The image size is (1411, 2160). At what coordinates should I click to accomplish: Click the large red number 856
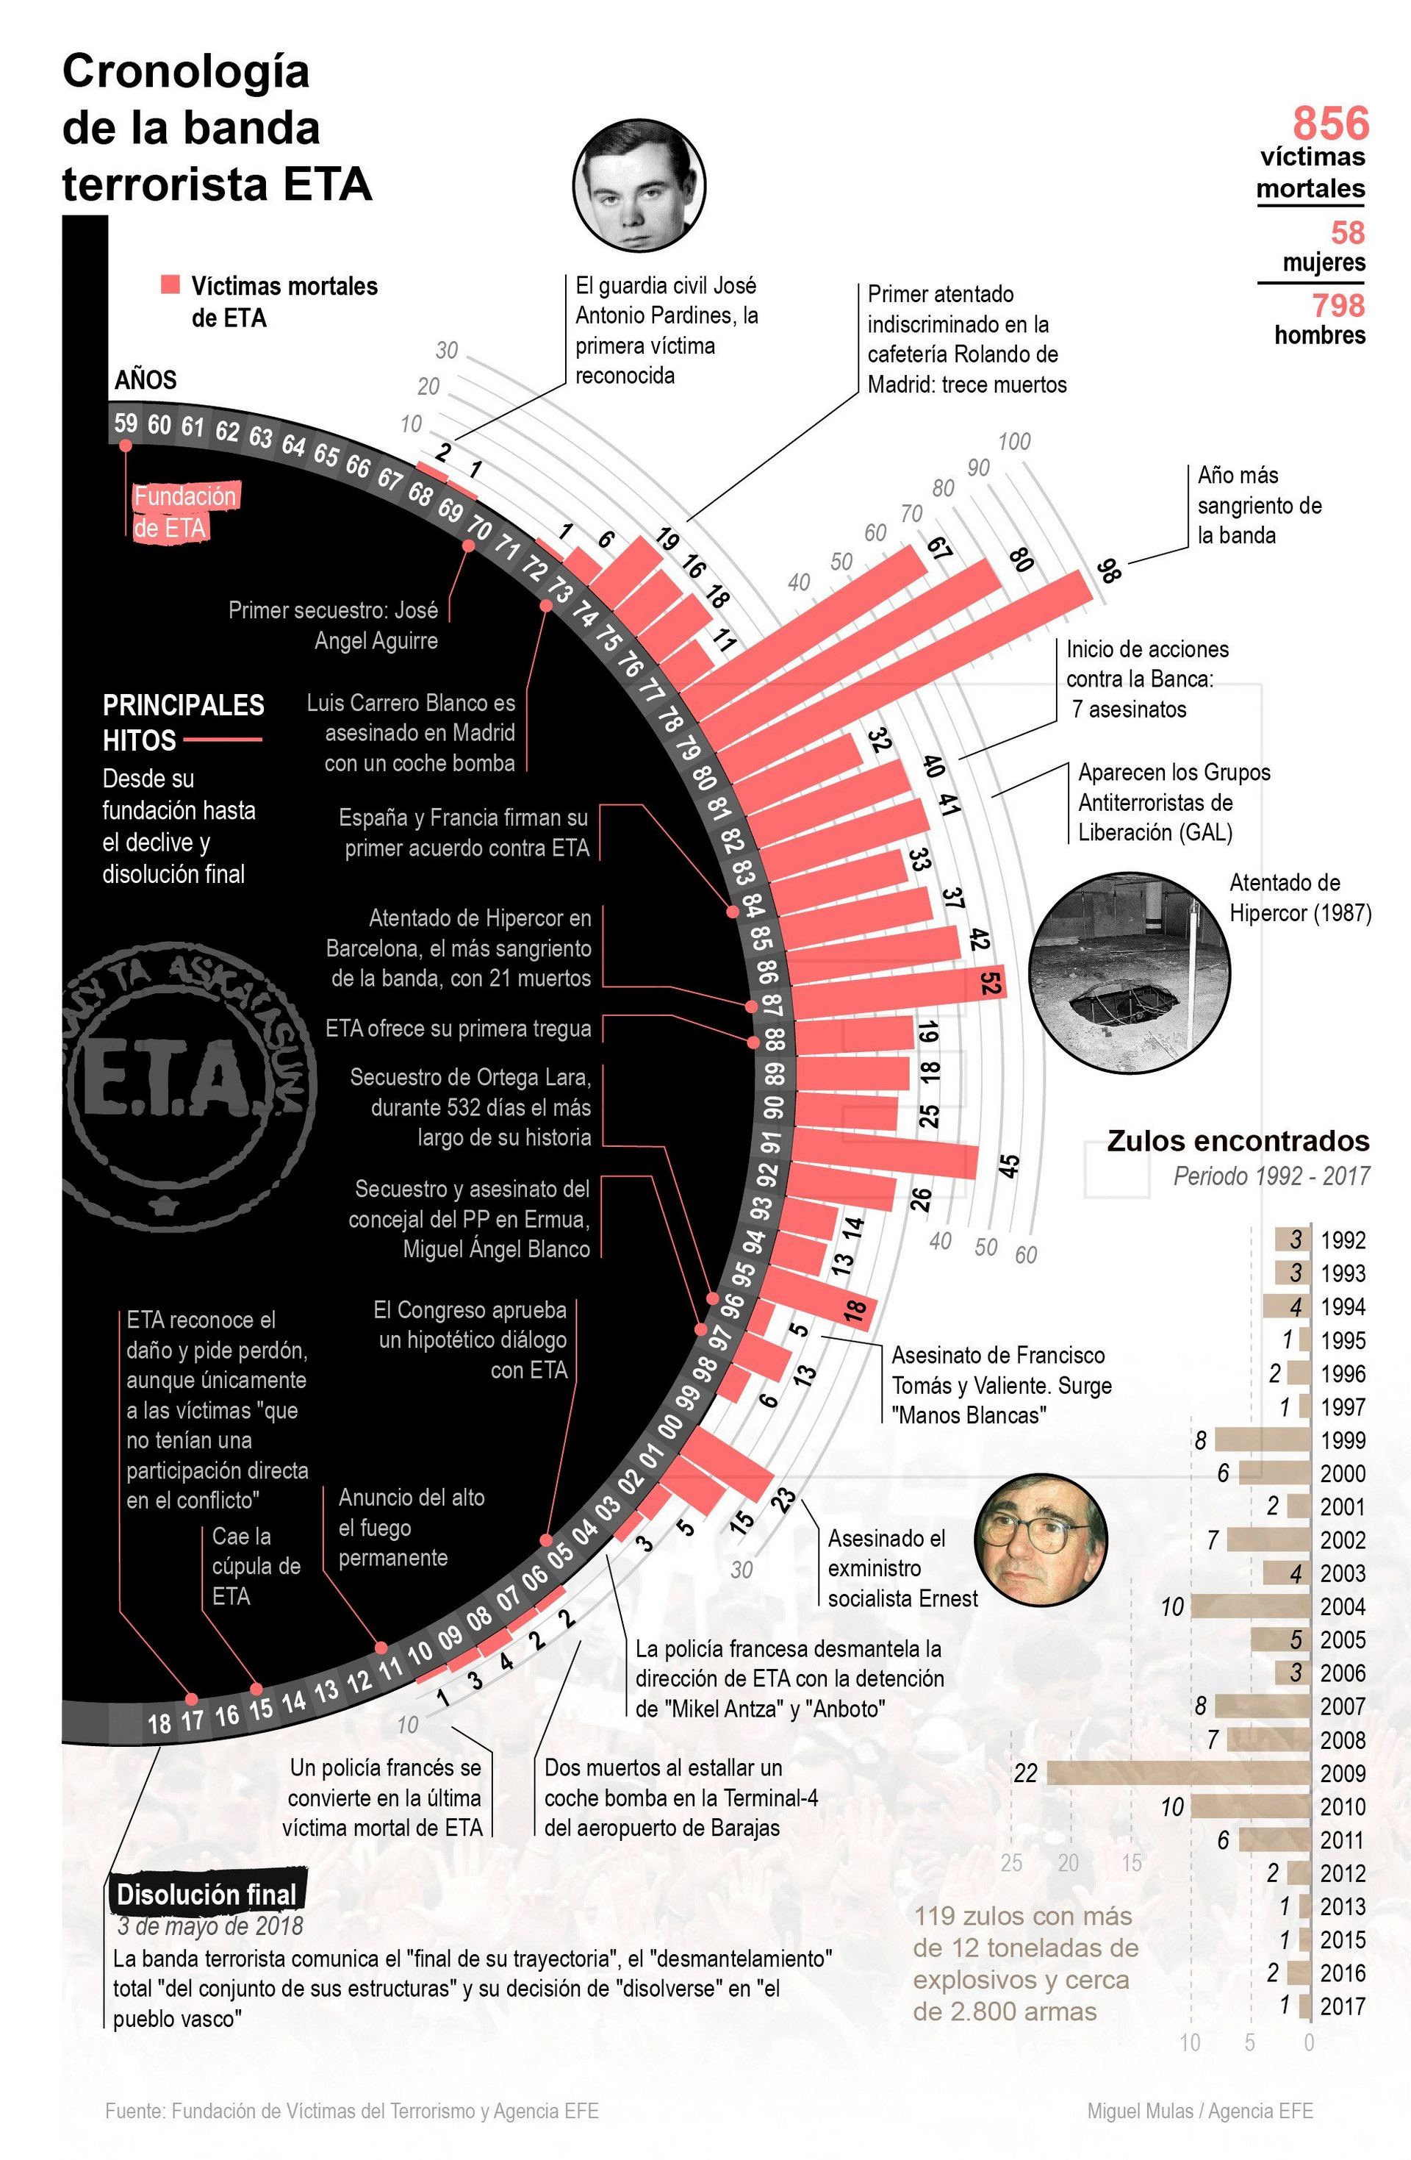pyautogui.click(x=1329, y=123)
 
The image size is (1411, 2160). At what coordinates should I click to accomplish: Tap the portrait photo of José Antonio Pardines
pyautogui.click(x=639, y=185)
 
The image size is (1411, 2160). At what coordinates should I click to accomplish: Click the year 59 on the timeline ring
pyautogui.click(x=125, y=422)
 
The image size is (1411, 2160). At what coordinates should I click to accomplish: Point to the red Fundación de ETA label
pyautogui.click(x=185, y=512)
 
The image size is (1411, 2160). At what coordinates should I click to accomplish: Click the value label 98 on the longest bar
pyautogui.click(x=1107, y=571)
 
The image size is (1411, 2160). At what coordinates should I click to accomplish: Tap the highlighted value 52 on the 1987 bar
pyautogui.click(x=989, y=982)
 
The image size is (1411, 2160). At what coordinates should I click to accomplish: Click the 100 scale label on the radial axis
pyautogui.click(x=1013, y=441)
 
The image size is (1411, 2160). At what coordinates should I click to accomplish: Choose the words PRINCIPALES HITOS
pyautogui.click(x=182, y=723)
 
